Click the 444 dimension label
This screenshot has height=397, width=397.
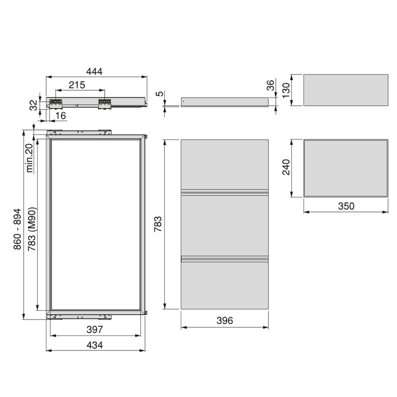94,71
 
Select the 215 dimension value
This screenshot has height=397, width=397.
77,85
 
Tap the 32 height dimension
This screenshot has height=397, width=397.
33,105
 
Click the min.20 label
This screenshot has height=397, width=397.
30,157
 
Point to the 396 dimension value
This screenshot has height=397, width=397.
224,321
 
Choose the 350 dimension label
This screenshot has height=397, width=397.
345,206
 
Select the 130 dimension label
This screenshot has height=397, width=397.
285,90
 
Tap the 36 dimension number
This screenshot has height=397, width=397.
270,85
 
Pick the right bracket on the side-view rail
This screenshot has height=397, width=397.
105,102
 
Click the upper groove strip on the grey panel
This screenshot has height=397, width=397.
224,192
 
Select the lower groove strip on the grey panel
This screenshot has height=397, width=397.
224,258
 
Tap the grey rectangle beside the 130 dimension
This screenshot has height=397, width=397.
345,90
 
